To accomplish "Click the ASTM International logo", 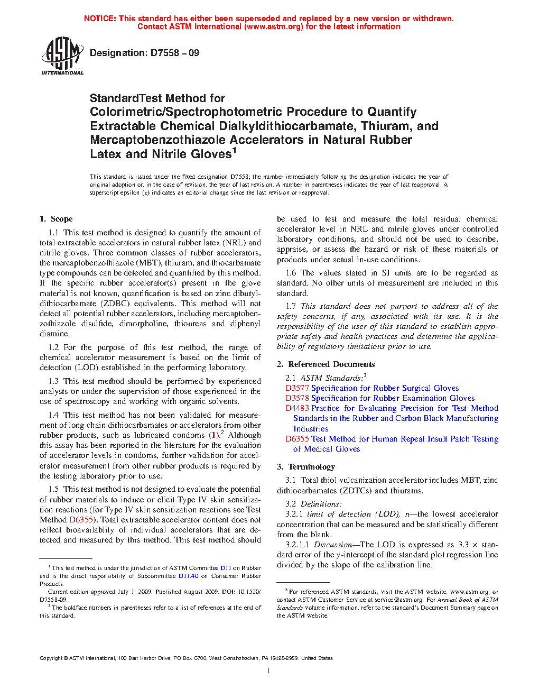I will [62, 56].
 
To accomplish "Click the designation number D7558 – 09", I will [174, 53].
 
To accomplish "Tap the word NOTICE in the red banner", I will [100, 19].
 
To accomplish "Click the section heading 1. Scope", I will [56, 219].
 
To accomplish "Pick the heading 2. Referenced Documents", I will [326, 364].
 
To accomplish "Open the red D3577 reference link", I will [297, 388].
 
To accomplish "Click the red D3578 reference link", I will [297, 398].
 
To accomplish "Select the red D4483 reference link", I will [297, 408].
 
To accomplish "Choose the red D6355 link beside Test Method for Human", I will [297, 439].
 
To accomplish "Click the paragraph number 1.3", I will [53, 381].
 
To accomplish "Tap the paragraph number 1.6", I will [291, 273].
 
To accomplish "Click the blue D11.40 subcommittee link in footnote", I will [188, 576].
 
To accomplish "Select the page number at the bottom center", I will [269, 671].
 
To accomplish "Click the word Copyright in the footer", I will [51, 658].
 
